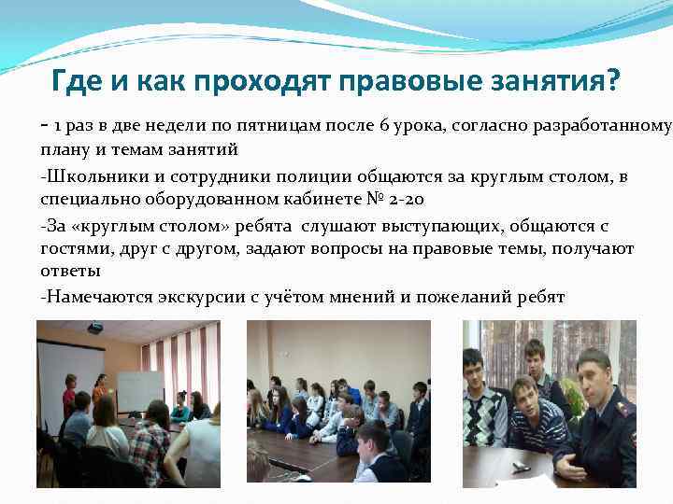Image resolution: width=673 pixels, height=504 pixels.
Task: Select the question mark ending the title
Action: (612, 81)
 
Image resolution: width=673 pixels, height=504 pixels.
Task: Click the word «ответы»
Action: (70, 273)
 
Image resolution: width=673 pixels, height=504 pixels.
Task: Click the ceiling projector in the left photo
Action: (95, 328)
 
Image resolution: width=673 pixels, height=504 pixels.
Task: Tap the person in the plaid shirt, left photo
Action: (150, 439)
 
